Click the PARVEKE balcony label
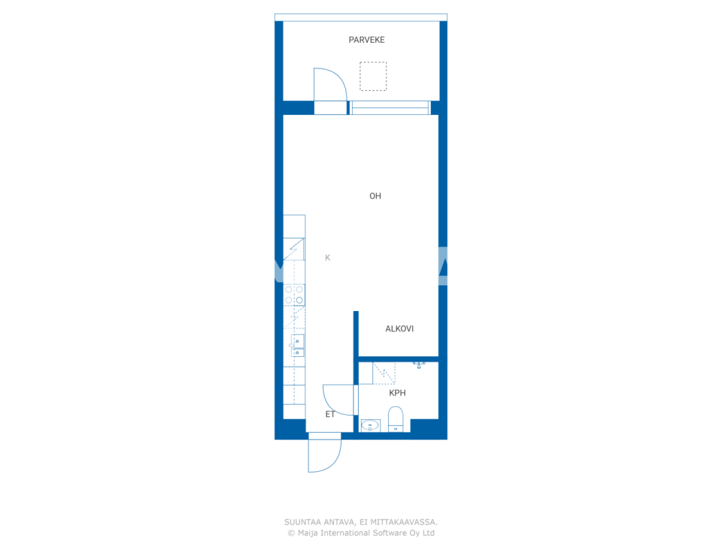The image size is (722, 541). tap(367, 40)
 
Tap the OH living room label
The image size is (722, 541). tap(375, 196)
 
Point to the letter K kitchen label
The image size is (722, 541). tap(328, 258)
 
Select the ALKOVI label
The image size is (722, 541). tap(399, 329)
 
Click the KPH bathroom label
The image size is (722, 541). tap(397, 393)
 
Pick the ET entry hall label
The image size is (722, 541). tap(330, 414)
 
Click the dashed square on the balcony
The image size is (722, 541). tap(373, 76)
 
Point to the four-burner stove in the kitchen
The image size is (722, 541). tap(294, 295)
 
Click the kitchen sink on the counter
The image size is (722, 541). tap(297, 345)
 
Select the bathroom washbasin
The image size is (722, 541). tap(370, 425)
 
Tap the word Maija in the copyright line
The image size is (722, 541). tap(307, 533)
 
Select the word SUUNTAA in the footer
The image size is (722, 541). tap(302, 522)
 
